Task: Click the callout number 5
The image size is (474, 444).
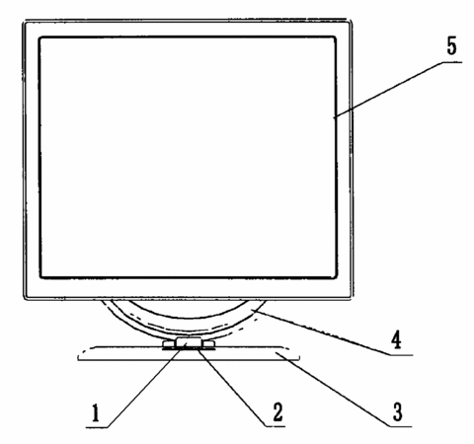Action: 451,46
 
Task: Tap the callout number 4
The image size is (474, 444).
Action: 396,339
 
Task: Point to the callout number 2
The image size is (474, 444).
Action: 277,412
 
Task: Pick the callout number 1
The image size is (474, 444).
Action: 96,413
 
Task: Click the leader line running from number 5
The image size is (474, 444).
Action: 387,90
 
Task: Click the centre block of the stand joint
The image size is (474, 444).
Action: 189,342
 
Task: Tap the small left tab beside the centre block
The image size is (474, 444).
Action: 169,344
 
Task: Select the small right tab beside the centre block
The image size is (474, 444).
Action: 208,344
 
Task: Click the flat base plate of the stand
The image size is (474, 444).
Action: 189,353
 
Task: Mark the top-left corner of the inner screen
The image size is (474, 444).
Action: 39,37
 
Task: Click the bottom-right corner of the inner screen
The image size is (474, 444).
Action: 336,278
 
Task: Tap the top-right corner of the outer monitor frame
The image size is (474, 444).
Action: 351,21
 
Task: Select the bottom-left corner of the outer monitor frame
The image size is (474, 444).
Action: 25,299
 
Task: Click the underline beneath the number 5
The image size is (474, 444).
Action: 451,61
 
